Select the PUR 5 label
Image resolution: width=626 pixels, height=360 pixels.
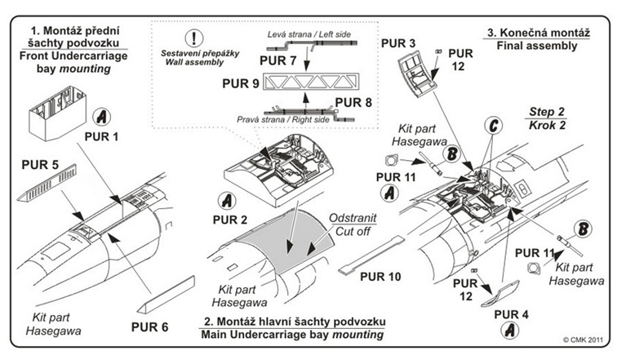pyautogui.click(x=41, y=165)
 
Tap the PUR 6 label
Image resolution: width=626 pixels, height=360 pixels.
pyautogui.click(x=149, y=327)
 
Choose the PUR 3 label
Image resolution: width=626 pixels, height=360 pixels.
pyautogui.click(x=399, y=42)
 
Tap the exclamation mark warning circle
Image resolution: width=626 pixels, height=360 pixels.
pyautogui.click(x=194, y=38)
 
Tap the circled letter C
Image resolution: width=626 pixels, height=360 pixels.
pyautogui.click(x=491, y=127)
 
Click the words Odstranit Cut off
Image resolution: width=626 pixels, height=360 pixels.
pyautogui.click(x=352, y=224)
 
